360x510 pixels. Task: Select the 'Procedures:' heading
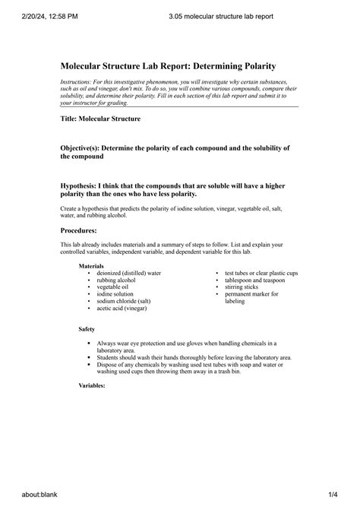pyautogui.click(x=78, y=230)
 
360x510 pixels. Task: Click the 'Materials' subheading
pyautogui.click(x=91, y=266)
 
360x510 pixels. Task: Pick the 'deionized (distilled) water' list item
pyautogui.click(x=128, y=273)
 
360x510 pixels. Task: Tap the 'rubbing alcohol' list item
pyautogui.click(x=115, y=280)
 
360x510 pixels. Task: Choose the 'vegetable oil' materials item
pyautogui.click(x=112, y=287)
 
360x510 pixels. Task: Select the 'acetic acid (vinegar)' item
pyautogui.click(x=122, y=309)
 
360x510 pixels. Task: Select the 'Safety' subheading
pyautogui.click(x=87, y=330)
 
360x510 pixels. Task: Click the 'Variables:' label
pyautogui.click(x=92, y=386)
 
